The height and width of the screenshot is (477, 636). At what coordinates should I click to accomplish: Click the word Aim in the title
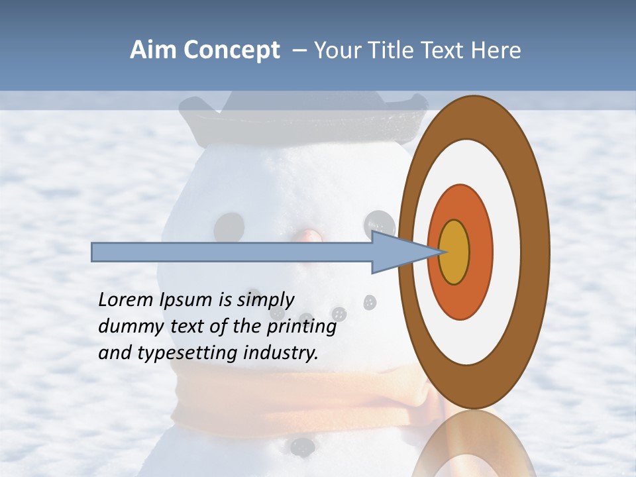[154, 50]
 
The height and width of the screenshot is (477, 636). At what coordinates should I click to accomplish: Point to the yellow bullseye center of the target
[454, 252]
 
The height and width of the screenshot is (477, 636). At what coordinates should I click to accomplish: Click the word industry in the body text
[281, 353]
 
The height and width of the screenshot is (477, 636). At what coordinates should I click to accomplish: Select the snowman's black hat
[305, 119]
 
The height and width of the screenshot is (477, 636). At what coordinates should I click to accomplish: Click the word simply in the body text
[265, 301]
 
